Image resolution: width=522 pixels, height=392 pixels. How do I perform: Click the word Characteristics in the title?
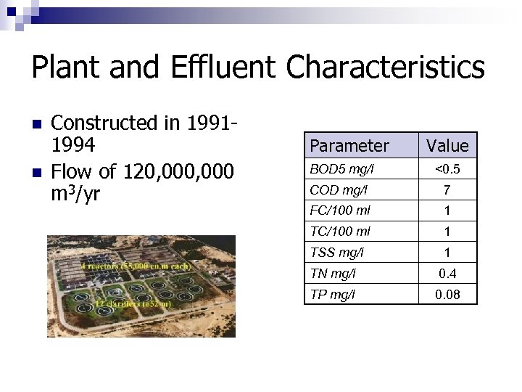click(x=385, y=68)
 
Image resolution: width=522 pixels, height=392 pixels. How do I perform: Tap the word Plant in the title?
click(x=68, y=68)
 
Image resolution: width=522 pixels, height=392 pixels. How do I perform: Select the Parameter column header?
click(x=349, y=146)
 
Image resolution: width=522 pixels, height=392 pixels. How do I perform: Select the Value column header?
click(x=447, y=146)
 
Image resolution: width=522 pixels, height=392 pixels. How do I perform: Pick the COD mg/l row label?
click(x=339, y=190)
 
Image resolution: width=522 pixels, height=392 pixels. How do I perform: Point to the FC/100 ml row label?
click(x=340, y=211)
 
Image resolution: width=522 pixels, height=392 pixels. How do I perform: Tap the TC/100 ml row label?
click(x=340, y=232)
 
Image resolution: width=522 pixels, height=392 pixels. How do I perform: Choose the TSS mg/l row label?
click(x=337, y=253)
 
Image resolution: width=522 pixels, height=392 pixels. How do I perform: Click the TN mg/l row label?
click(x=333, y=274)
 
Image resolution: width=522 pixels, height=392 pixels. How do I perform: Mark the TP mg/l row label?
click(x=333, y=294)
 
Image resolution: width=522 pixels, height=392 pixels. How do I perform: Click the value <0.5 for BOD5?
click(x=447, y=170)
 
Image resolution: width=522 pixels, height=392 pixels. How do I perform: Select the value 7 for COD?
click(x=447, y=190)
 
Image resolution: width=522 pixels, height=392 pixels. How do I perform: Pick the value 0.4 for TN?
click(x=447, y=274)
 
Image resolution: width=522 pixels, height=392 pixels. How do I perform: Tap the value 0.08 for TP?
click(x=447, y=294)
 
